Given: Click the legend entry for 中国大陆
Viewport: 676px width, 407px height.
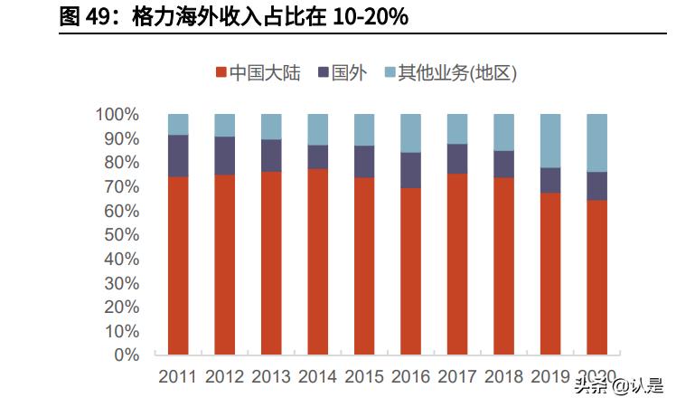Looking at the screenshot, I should (x=258, y=72).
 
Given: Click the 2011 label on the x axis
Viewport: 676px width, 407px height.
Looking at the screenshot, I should (x=178, y=376).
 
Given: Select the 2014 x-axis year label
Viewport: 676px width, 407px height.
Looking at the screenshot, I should (x=318, y=376).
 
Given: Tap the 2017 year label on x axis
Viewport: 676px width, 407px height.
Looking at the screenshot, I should (x=457, y=376).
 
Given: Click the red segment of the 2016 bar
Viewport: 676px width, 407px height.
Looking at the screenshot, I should (x=410, y=271).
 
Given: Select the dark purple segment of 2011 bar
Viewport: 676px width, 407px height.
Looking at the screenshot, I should (x=178, y=156).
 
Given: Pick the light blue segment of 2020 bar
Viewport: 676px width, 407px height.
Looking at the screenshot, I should (x=597, y=142).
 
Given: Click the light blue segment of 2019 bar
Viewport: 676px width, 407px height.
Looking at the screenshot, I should (x=550, y=140).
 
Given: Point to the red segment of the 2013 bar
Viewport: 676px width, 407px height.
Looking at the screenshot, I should (x=271, y=262).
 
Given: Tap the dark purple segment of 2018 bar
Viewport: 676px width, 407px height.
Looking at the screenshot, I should (x=503, y=164).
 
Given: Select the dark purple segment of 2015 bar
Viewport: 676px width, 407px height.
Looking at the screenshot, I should (x=364, y=161).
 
